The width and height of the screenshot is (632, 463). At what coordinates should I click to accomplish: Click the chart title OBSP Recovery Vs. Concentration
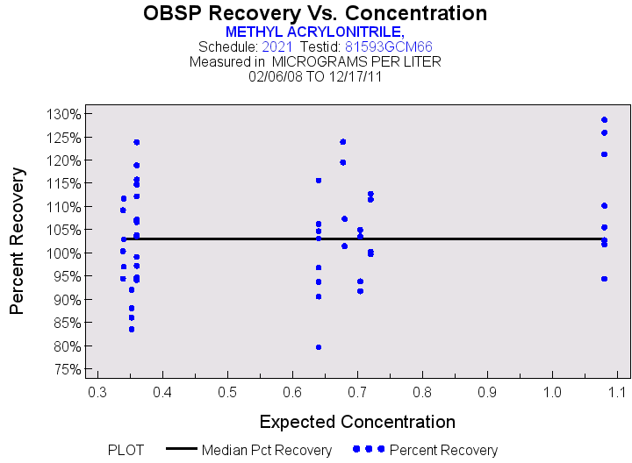(x=315, y=13)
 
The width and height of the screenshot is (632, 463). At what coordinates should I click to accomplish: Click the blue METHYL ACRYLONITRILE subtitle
(x=315, y=31)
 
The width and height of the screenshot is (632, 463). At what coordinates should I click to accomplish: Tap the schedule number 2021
(x=277, y=46)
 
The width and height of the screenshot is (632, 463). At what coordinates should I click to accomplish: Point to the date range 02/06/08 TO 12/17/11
(x=315, y=76)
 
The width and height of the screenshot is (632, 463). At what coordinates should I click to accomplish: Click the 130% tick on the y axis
(x=64, y=114)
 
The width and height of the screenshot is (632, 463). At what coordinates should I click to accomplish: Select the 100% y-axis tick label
(x=64, y=253)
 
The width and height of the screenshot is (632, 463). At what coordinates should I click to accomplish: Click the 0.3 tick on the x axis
(x=97, y=389)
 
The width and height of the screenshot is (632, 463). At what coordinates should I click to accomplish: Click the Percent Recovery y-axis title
(x=17, y=241)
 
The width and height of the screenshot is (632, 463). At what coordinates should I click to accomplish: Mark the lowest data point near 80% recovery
(x=319, y=347)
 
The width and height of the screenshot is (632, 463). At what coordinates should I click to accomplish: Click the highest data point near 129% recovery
(x=604, y=119)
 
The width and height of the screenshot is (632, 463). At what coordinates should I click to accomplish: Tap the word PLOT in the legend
(x=126, y=450)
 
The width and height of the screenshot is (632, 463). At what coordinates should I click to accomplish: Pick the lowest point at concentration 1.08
(x=604, y=279)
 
